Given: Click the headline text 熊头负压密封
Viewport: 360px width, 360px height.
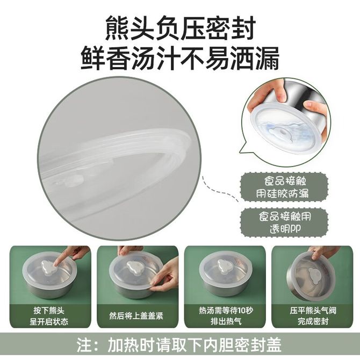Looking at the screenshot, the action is [x=180, y=28].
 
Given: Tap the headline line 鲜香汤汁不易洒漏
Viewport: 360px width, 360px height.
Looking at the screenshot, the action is [x=180, y=58].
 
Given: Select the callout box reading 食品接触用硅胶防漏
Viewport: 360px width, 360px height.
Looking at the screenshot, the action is [x=284, y=188].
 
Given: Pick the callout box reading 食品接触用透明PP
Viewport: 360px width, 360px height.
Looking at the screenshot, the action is [x=284, y=222].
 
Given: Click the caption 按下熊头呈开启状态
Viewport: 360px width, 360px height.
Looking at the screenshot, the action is [x=49, y=316].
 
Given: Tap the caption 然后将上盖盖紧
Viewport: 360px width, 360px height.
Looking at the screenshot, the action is [x=136, y=316].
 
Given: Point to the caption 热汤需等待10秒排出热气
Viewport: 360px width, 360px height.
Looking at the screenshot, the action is [x=226, y=316].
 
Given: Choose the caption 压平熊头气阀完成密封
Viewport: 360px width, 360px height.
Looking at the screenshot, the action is [x=313, y=316].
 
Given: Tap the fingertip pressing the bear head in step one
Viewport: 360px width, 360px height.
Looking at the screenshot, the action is [x=56, y=264].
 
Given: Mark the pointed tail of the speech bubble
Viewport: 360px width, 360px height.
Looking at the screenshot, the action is [x=240, y=152].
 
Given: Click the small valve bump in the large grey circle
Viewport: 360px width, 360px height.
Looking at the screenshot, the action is [x=73, y=181].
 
